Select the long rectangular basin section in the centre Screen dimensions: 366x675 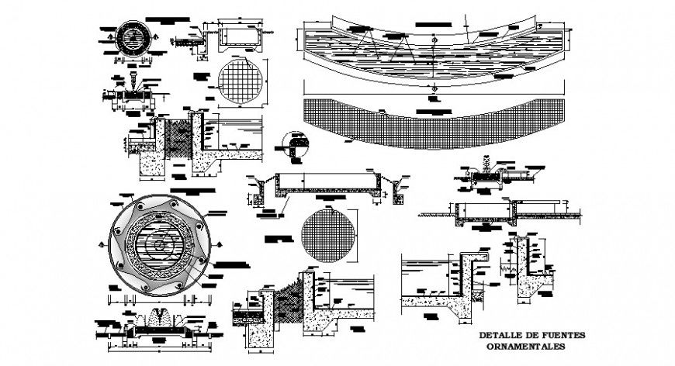326,184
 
